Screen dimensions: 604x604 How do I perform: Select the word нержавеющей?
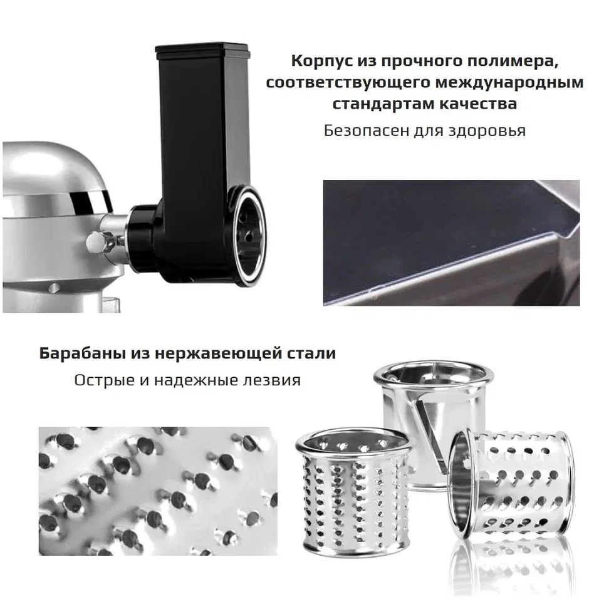point(211,353)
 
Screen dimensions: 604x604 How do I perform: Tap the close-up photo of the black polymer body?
point(450,242)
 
